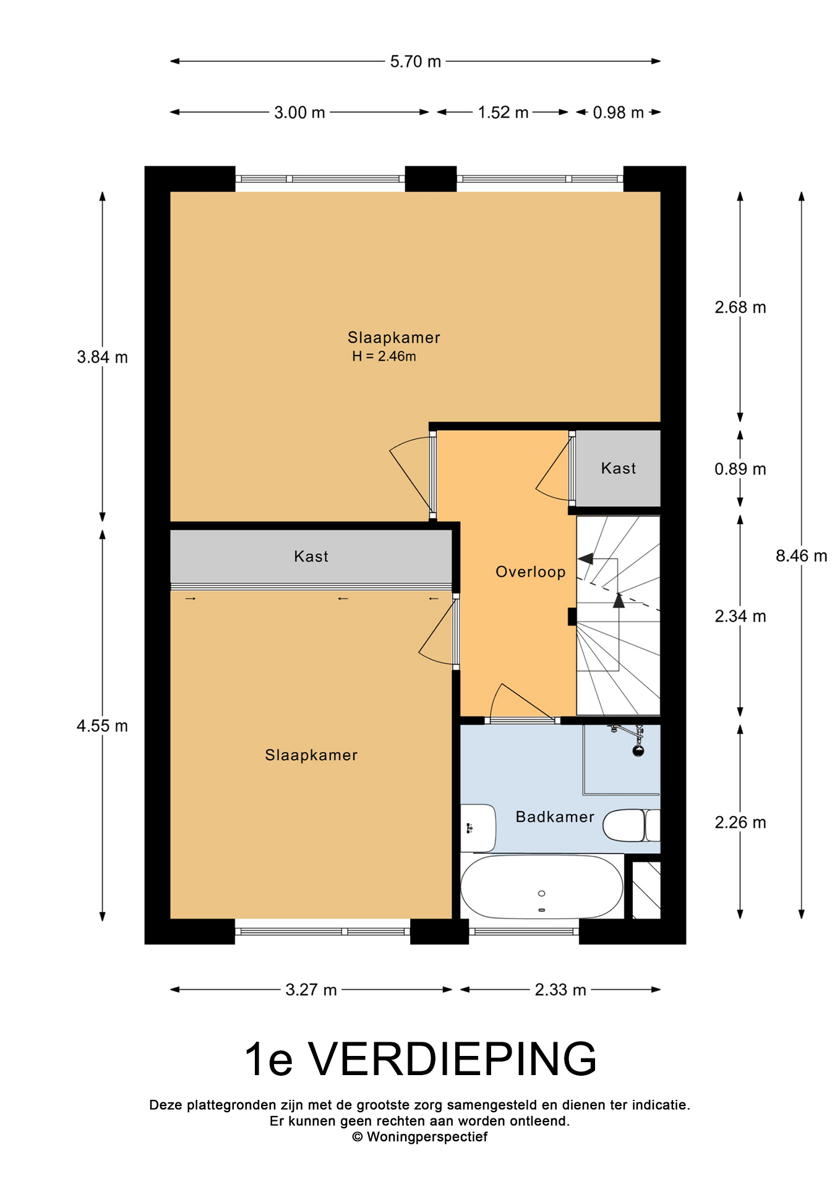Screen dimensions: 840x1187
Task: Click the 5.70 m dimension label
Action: (415, 62)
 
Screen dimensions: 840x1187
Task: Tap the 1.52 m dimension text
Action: (503, 113)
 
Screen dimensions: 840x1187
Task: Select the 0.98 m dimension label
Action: (618, 113)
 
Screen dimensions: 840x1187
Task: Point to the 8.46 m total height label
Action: (801, 556)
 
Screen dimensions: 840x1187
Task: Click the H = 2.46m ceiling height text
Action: (384, 356)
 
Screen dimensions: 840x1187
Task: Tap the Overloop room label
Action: (531, 572)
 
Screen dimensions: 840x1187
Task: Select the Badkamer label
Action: (555, 817)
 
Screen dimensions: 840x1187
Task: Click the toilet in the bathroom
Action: (632, 825)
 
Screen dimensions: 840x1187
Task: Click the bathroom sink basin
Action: (478, 828)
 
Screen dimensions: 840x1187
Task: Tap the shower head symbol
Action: (638, 751)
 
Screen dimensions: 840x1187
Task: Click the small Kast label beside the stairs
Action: (619, 469)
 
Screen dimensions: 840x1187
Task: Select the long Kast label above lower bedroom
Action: (311, 556)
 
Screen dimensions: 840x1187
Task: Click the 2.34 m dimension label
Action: (740, 616)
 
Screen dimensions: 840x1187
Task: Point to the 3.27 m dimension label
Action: (311, 990)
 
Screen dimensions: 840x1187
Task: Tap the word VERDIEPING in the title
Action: (453, 1059)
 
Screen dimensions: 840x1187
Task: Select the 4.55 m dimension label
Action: (102, 726)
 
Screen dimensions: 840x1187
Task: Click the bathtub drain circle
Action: (542, 893)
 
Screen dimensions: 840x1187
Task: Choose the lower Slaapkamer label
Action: (311, 755)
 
